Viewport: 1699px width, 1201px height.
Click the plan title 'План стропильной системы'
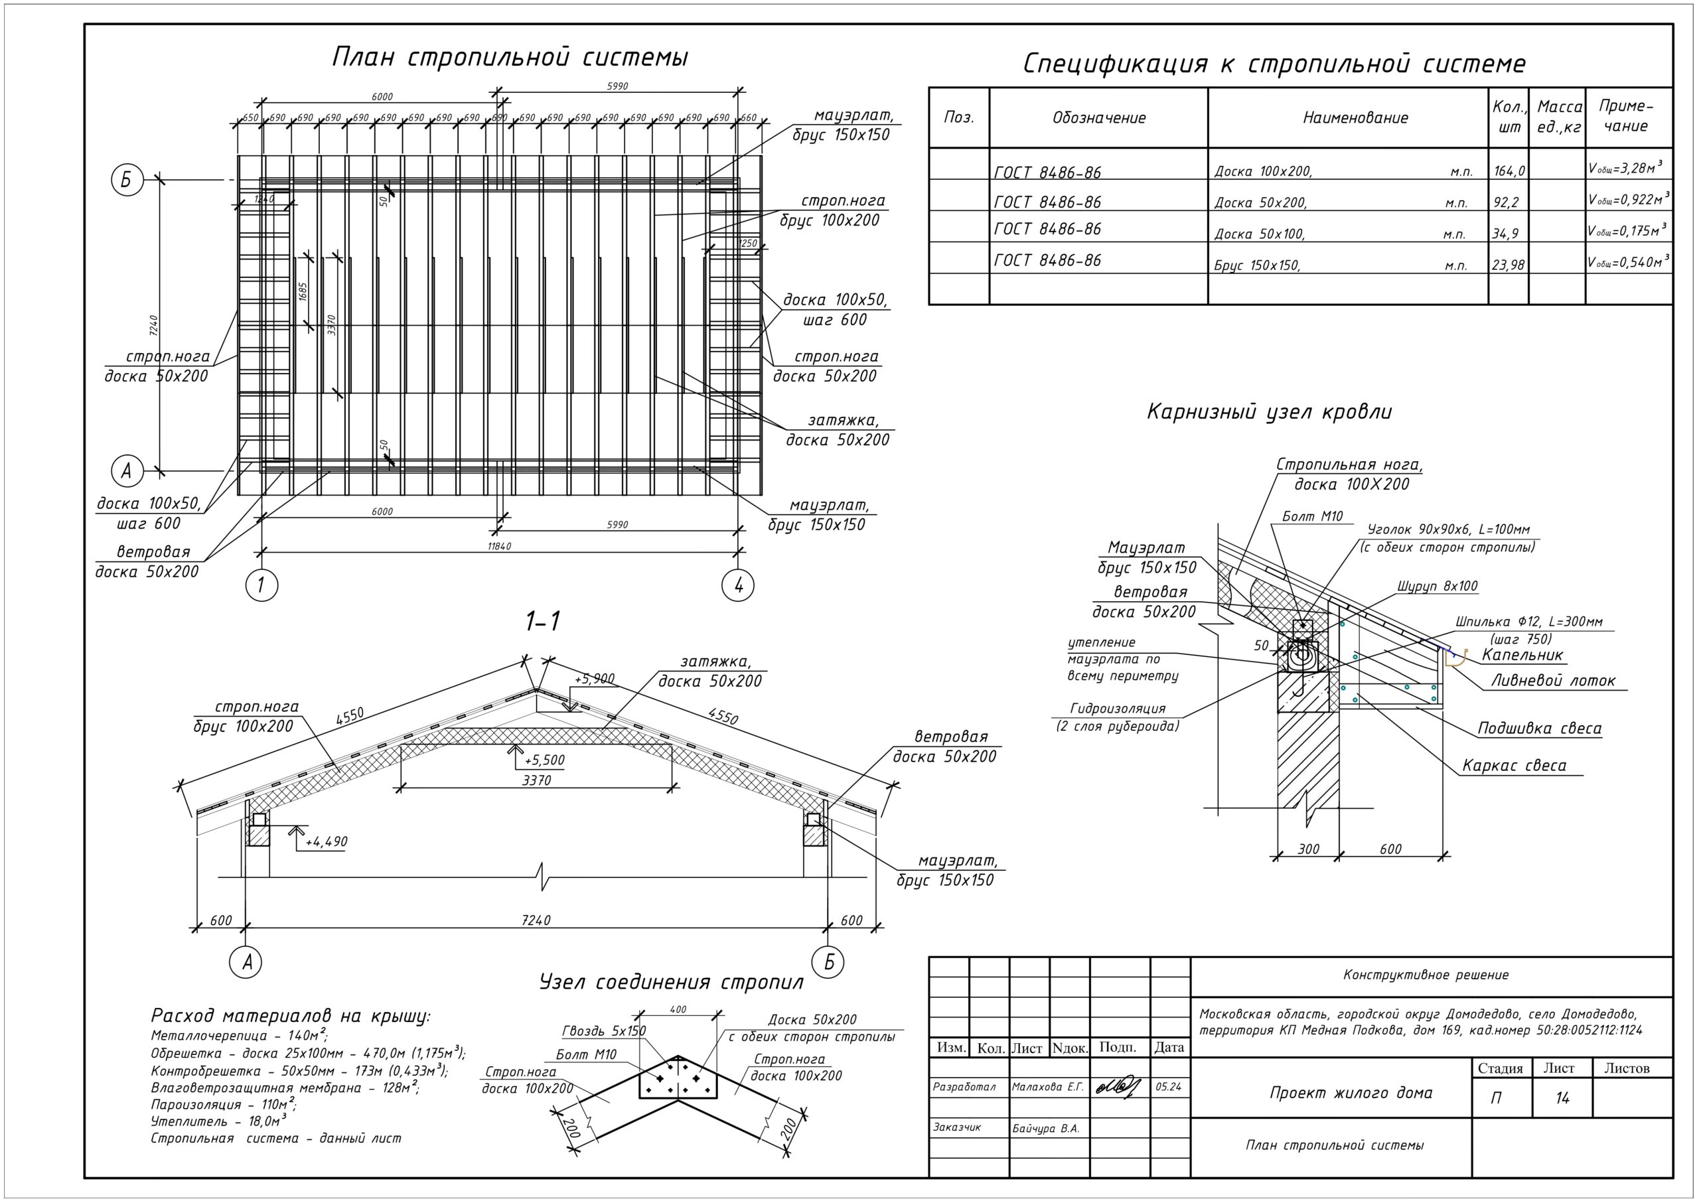pyautogui.click(x=510, y=58)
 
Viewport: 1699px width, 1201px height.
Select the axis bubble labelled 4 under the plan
pyautogui.click(x=738, y=585)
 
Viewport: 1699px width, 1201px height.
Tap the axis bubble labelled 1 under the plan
pyautogui.click(x=261, y=585)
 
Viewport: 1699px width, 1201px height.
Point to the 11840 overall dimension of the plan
pyautogui.click(x=500, y=546)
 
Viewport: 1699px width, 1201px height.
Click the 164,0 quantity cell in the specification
pyautogui.click(x=1509, y=171)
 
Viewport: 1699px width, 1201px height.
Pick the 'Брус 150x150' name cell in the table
pyautogui.click(x=1256, y=264)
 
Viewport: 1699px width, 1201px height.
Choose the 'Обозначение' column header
pyautogui.click(x=1099, y=117)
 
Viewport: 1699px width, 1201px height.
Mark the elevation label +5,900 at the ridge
pyautogui.click(x=594, y=679)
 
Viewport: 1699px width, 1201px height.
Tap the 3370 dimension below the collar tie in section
pyautogui.click(x=536, y=780)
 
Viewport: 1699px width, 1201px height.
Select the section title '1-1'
pyautogui.click(x=542, y=622)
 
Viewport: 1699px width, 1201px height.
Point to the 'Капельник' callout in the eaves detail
pyautogui.click(x=1522, y=655)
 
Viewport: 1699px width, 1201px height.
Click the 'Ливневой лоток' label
pyautogui.click(x=1552, y=681)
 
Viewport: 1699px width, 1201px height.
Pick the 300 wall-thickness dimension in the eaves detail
pyautogui.click(x=1308, y=849)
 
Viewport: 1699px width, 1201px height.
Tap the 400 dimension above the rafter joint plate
pyautogui.click(x=677, y=1009)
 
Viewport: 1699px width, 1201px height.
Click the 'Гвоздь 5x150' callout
pyautogui.click(x=604, y=1030)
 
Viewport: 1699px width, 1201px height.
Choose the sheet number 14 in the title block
pyautogui.click(x=1562, y=1097)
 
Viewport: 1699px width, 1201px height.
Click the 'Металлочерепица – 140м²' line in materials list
pyautogui.click(x=239, y=1035)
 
